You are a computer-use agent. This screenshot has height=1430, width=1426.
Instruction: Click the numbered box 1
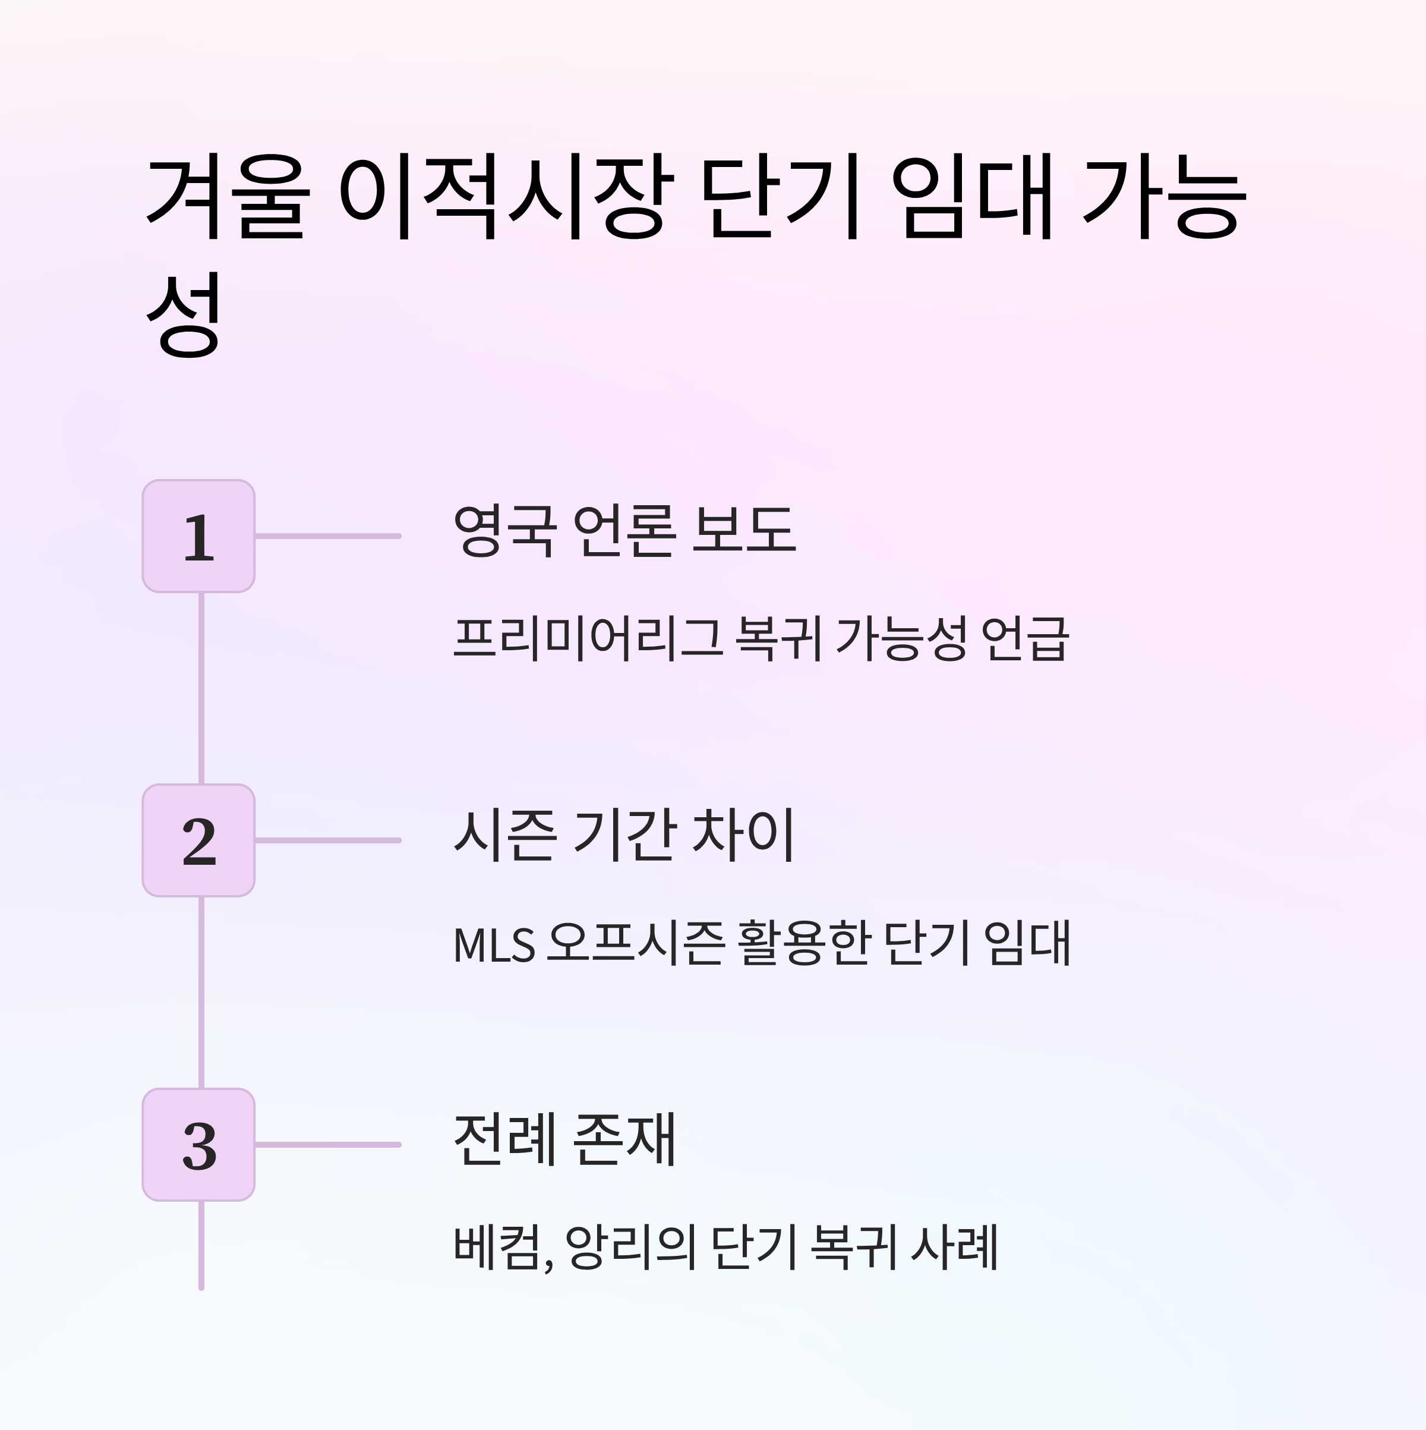click(198, 536)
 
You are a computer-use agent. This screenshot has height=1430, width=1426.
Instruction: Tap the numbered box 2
click(198, 840)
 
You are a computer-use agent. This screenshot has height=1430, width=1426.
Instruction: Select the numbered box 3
click(198, 1144)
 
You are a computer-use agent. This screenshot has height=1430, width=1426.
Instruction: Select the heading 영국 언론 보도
click(624, 530)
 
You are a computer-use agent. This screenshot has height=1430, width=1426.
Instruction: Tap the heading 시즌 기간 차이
click(624, 834)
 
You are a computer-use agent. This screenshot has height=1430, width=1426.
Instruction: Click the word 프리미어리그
click(588, 638)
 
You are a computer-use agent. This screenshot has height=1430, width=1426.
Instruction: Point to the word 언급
click(1025, 638)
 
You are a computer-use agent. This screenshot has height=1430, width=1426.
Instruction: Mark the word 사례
click(955, 1248)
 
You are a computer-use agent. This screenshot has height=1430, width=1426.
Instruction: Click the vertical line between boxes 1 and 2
click(201, 688)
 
